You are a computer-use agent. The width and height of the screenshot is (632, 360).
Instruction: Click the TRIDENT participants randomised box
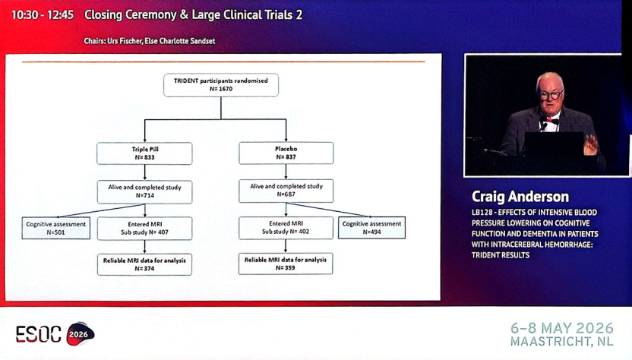pyautogui.click(x=221, y=85)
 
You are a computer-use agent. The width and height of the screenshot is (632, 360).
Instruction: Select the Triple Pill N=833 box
pyautogui.click(x=144, y=153)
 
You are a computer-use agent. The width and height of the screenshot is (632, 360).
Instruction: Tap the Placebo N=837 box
pyautogui.click(x=286, y=153)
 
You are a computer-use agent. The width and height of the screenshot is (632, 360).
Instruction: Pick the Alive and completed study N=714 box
pyautogui.click(x=144, y=191)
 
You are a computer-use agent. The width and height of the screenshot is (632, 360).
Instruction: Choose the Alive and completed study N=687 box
pyautogui.click(x=286, y=191)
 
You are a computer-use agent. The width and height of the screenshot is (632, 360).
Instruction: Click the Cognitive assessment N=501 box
pyautogui.click(x=56, y=228)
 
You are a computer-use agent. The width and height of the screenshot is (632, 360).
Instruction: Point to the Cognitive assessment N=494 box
pyautogui.click(x=371, y=228)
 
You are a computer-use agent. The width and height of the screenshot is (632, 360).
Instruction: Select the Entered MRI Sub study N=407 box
pyautogui.click(x=144, y=228)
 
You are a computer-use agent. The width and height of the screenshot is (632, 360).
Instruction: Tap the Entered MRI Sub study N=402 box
pyautogui.click(x=286, y=228)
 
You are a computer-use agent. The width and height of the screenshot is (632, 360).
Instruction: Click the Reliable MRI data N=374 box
pyautogui.click(x=144, y=264)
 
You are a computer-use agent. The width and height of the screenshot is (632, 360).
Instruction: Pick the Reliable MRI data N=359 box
pyautogui.click(x=286, y=264)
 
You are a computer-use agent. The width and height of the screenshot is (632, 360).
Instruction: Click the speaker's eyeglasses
pyautogui.click(x=551, y=95)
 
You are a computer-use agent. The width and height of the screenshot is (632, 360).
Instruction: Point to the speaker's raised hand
pyautogui.click(x=590, y=145)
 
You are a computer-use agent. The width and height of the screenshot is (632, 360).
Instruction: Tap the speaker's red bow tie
pyautogui.click(x=551, y=120)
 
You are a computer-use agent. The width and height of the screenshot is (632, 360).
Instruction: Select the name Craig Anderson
pyautogui.click(x=520, y=197)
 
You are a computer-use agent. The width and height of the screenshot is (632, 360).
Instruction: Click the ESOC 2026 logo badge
pyautogui.click(x=81, y=333)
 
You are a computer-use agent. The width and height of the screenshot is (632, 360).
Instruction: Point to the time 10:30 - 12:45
pyautogui.click(x=43, y=15)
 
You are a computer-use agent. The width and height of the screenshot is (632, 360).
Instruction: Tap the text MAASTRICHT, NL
pyautogui.click(x=562, y=342)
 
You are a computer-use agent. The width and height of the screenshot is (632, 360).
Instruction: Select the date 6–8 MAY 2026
pyautogui.click(x=562, y=328)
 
